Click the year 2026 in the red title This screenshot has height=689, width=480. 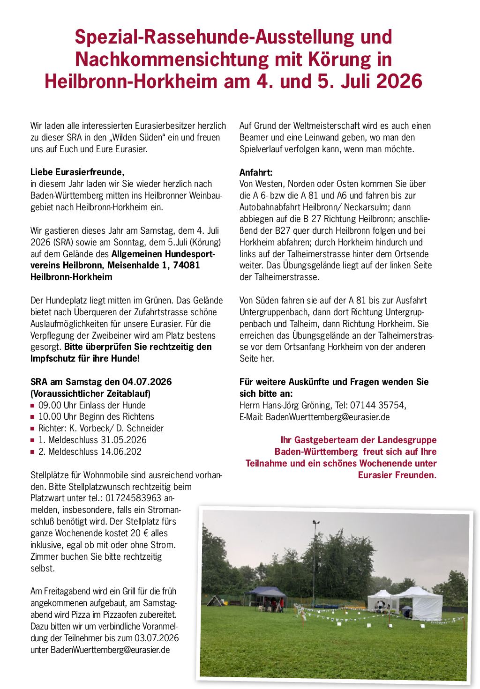399,81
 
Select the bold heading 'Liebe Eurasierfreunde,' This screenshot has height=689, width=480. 77,172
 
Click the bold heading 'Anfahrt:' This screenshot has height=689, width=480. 256,172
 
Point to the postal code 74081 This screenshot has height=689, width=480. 187,266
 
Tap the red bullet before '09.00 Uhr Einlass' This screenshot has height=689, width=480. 33,406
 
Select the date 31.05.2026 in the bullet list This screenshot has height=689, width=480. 123,440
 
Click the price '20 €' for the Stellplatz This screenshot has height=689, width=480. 136,533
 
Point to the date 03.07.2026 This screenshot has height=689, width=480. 157,638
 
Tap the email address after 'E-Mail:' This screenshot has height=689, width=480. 328,417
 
